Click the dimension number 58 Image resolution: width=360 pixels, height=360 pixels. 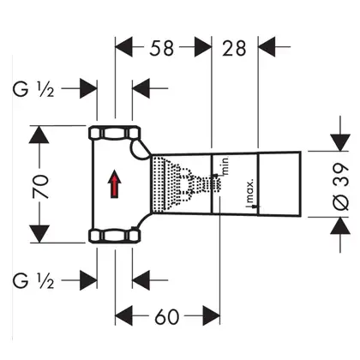pos(161,48)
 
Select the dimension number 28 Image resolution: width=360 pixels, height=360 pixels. pos(234,48)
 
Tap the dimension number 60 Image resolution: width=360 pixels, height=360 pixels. pos(167,316)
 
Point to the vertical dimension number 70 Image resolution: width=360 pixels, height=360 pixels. pos(40,187)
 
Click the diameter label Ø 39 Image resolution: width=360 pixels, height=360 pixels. pos(341,187)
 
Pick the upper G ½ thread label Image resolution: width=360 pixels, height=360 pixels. pos(33,89)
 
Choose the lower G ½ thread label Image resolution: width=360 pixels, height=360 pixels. pos(33,281)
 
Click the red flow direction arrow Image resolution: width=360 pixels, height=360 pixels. pos(114,183)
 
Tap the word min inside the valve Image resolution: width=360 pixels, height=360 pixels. pos(225,166)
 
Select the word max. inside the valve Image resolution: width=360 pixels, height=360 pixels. pos(250,191)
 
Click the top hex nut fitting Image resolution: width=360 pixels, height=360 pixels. pos(115,133)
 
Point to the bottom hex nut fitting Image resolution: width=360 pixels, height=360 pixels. pos(115,236)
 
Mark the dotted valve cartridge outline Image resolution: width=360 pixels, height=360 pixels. pos(187,184)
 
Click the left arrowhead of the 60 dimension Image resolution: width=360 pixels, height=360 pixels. pos(123,315)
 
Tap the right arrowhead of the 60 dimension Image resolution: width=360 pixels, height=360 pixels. pos(212,315)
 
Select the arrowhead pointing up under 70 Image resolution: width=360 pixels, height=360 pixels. pos(39,135)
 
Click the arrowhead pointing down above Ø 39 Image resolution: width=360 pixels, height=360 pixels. pos(340,142)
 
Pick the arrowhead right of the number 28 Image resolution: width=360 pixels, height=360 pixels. pos(267,46)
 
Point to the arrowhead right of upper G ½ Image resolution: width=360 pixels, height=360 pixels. pos(88,88)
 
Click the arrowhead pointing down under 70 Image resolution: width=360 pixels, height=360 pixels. pos(39,234)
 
